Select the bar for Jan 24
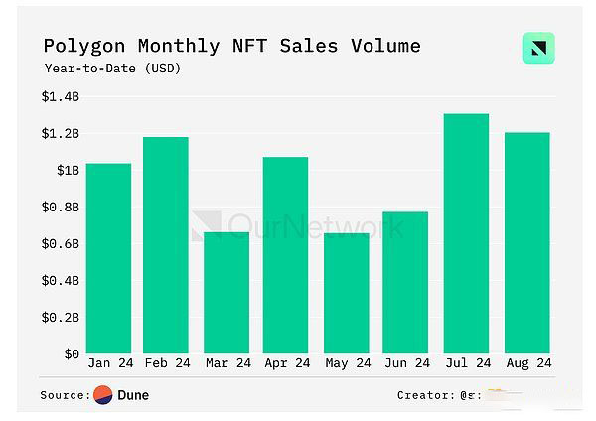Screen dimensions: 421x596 pos(108,258)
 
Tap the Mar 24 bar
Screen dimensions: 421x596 pos(225,293)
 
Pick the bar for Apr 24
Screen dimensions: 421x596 pos(285,255)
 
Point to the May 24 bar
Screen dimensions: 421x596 pos(346,293)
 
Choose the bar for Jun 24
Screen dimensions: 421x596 pos(405,282)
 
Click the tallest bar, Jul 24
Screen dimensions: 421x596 pos(466,233)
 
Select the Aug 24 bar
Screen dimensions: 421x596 pos(525,242)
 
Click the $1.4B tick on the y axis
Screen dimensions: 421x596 pos(61,97)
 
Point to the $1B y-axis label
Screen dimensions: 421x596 pos(68,171)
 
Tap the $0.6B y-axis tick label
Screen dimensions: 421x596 pos(61,244)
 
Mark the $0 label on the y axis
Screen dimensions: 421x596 pos(72,353)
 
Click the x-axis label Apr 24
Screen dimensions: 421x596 pos(285,364)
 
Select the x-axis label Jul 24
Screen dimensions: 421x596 pos(466,364)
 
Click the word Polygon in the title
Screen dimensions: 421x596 pos(81,46)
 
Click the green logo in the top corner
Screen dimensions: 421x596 pos(538,49)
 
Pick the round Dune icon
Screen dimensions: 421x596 pos(103,395)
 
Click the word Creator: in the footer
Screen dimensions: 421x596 pos(424,395)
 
